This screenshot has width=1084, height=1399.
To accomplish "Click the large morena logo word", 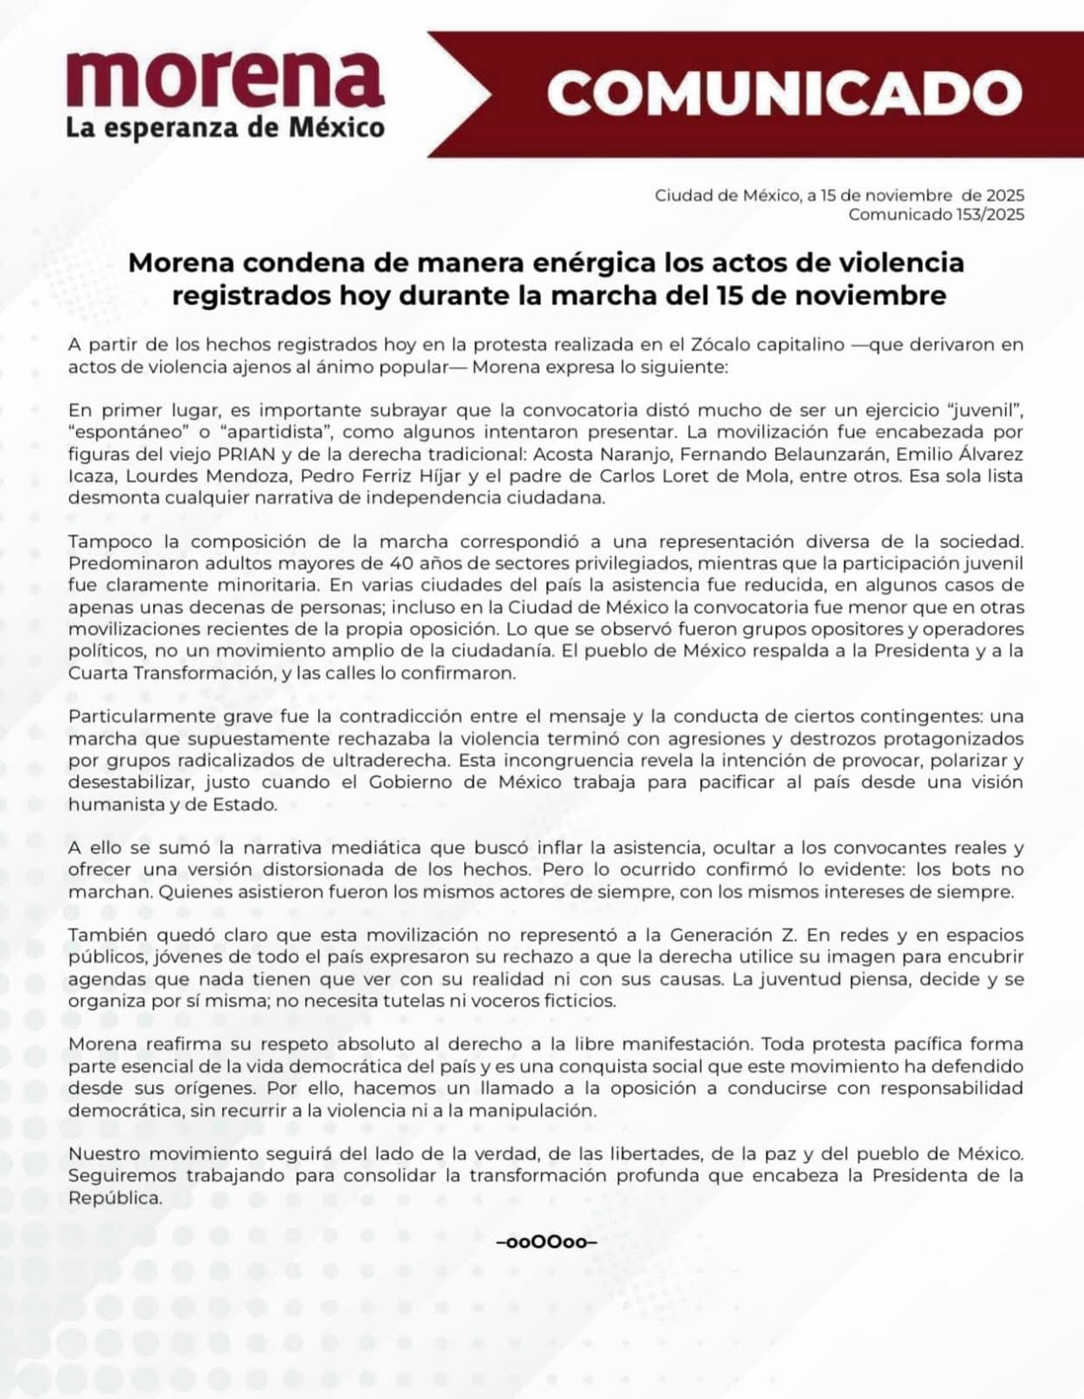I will (x=225, y=80).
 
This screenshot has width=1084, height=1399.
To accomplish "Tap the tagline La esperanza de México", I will (x=225, y=128).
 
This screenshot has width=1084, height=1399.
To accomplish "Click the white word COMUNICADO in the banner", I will (x=784, y=93).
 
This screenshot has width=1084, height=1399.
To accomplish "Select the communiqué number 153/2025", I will (x=990, y=215).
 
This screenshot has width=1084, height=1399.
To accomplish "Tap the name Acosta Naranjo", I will (x=600, y=454).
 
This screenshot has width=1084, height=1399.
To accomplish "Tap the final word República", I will (x=115, y=1198).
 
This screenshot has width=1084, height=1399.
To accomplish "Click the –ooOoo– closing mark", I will (x=546, y=1242).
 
